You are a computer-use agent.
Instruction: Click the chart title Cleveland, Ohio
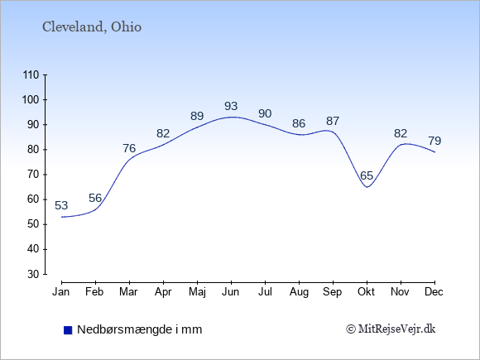click(x=92, y=27)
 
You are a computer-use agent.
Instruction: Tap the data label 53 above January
click(x=61, y=205)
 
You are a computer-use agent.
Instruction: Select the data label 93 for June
click(x=231, y=106)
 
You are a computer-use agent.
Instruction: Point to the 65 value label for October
click(x=367, y=175)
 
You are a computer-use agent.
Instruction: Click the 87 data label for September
click(x=333, y=121)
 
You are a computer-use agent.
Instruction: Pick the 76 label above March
click(x=129, y=148)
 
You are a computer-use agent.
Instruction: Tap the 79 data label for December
click(x=434, y=141)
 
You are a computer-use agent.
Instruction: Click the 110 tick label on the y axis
click(x=31, y=75)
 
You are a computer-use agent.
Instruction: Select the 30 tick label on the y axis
click(x=33, y=274)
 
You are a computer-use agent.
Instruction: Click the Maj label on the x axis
click(x=197, y=292)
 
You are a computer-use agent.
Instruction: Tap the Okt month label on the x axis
click(x=367, y=292)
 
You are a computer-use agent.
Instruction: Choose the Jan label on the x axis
click(x=61, y=292)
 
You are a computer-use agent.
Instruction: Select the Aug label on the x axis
click(x=299, y=292)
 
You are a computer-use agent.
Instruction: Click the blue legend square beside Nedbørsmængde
click(x=68, y=330)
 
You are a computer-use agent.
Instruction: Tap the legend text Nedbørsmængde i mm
click(x=140, y=329)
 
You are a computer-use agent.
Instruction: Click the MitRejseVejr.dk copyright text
click(x=391, y=329)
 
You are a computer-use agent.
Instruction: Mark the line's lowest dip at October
click(x=367, y=187)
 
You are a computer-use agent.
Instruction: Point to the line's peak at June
click(x=231, y=117)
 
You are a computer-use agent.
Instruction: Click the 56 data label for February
click(x=95, y=198)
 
